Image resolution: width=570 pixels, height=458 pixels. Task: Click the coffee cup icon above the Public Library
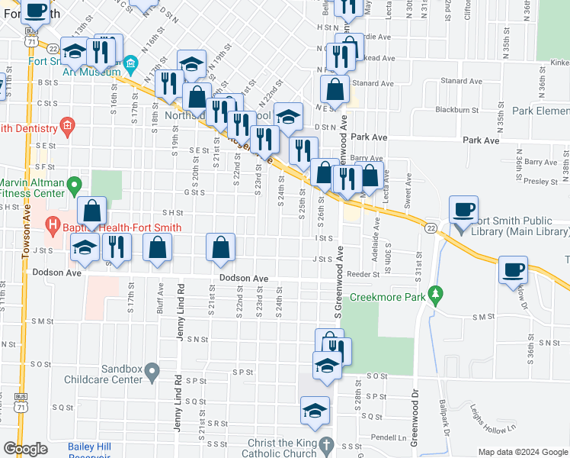463,208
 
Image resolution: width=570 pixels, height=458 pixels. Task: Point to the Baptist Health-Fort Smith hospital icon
53,225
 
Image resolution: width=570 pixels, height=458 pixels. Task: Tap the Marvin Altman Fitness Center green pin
74,184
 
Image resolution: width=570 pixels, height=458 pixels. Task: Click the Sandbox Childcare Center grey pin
152,372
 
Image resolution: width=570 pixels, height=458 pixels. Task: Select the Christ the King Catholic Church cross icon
325,443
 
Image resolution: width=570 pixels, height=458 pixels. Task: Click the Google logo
25,449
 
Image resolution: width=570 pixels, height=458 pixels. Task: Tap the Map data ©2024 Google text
523,452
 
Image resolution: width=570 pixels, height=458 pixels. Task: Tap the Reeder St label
363,273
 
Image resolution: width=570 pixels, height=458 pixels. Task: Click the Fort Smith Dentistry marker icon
67,124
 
